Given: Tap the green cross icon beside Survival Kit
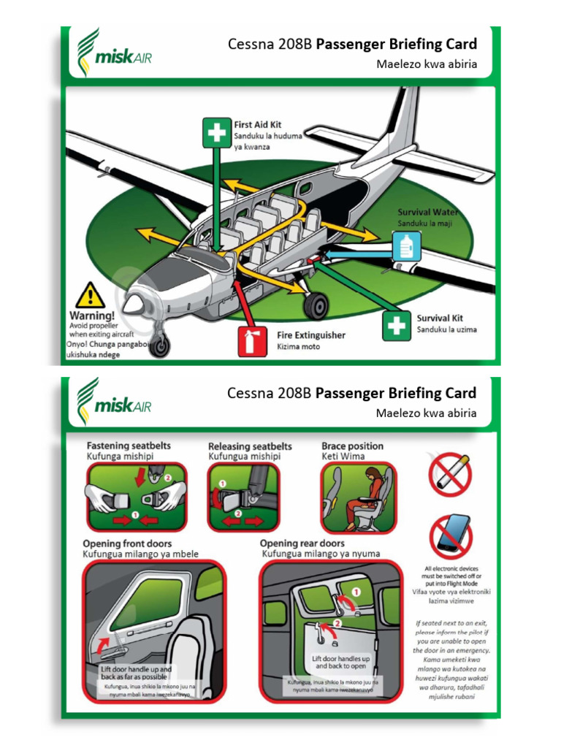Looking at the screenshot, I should click(397, 325).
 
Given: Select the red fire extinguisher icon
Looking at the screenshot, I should click(248, 341).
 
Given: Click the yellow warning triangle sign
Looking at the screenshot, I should click(91, 296).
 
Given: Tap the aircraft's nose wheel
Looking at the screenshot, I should click(159, 345).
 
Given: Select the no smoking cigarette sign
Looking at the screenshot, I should click(450, 473).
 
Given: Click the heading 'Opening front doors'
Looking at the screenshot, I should click(127, 543).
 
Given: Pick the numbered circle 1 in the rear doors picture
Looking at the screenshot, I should click(356, 592).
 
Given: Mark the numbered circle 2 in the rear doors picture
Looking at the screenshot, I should click(337, 625).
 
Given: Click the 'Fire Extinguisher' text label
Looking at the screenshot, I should click(310, 335).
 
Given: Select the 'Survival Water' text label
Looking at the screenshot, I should click(428, 212).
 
